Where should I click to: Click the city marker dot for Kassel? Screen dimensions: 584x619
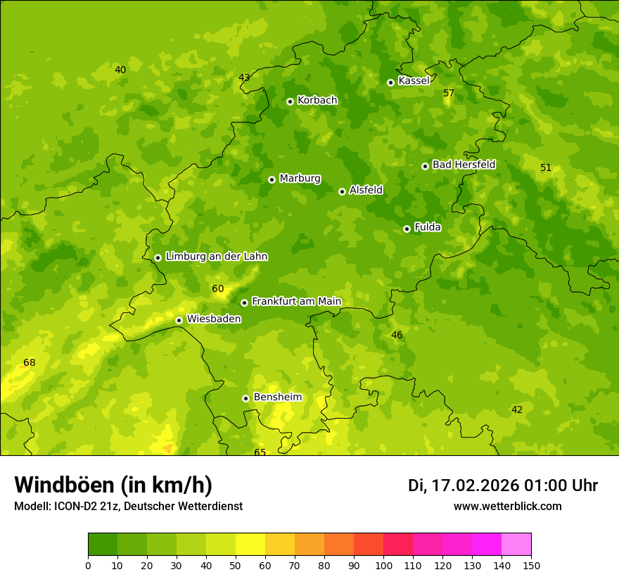pyautogui.click(x=390, y=82)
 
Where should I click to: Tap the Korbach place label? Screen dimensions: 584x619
pyautogui.click(x=317, y=101)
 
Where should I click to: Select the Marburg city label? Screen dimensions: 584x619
pyautogui.click(x=300, y=179)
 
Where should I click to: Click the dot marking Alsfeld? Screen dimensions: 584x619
pyautogui.click(x=342, y=191)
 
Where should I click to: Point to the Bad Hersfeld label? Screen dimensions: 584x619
pyautogui.click(x=464, y=165)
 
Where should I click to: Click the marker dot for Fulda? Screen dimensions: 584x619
pyautogui.click(x=407, y=229)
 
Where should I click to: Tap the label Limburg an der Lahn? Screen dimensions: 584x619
pyautogui.click(x=216, y=257)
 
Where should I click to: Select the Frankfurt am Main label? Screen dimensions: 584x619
pyautogui.click(x=296, y=302)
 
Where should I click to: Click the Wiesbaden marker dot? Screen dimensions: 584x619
pyautogui.click(x=179, y=320)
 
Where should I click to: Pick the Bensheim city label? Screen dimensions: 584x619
pyautogui.click(x=277, y=398)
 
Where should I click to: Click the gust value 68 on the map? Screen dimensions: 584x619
pyautogui.click(x=29, y=363)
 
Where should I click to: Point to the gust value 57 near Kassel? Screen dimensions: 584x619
pyautogui.click(x=449, y=94)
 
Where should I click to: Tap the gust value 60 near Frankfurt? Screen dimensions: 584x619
pyautogui.click(x=217, y=289)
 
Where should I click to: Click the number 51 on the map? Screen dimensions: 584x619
pyautogui.click(x=546, y=168)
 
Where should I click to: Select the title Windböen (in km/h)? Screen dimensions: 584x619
pyautogui.click(x=113, y=485)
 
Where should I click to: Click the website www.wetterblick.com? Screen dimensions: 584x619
pyautogui.click(x=507, y=507)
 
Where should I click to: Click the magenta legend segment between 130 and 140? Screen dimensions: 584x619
pyautogui.click(x=487, y=545)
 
